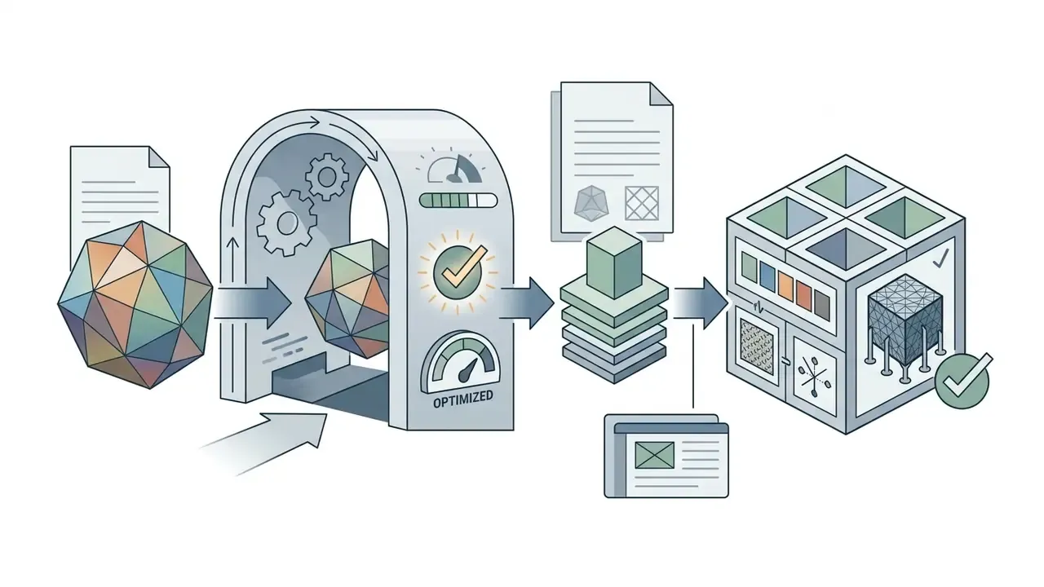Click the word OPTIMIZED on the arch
click(x=462, y=399)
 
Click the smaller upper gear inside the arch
click(x=327, y=177)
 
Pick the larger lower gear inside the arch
click(x=287, y=223)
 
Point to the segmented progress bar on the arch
click(x=458, y=201)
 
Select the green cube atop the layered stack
click(x=614, y=263)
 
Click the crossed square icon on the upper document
click(x=642, y=203)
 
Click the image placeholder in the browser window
click(x=654, y=455)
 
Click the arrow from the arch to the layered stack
click(x=527, y=303)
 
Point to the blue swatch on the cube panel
click(x=768, y=273)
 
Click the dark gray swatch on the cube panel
click(x=821, y=305)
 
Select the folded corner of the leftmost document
click(x=158, y=157)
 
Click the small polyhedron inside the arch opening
click(x=347, y=298)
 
